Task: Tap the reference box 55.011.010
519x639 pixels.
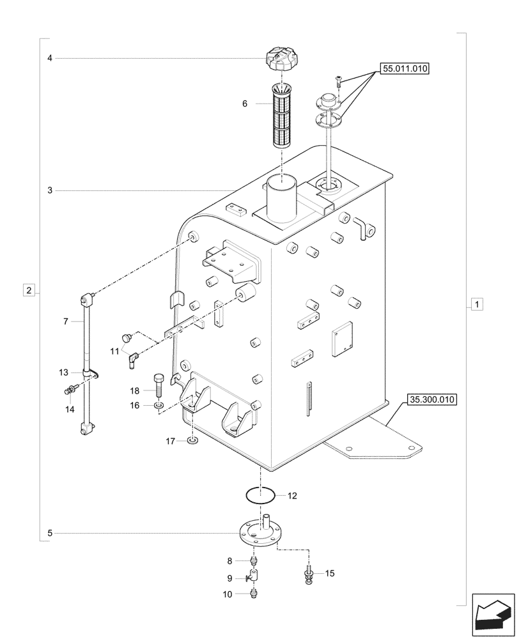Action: click(x=405, y=68)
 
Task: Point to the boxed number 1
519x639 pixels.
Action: click(x=477, y=304)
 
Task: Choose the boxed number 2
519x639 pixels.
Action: click(x=29, y=290)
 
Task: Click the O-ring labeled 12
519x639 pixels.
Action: click(x=260, y=495)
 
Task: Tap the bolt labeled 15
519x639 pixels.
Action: click(x=310, y=573)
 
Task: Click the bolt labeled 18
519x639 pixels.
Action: click(x=157, y=385)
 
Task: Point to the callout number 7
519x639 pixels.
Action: click(x=65, y=321)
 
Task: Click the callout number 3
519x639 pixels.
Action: click(x=49, y=190)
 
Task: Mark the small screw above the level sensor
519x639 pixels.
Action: click(x=338, y=80)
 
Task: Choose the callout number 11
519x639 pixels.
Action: click(x=114, y=351)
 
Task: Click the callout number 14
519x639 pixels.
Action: click(x=70, y=409)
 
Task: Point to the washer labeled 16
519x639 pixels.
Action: click(x=158, y=405)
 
